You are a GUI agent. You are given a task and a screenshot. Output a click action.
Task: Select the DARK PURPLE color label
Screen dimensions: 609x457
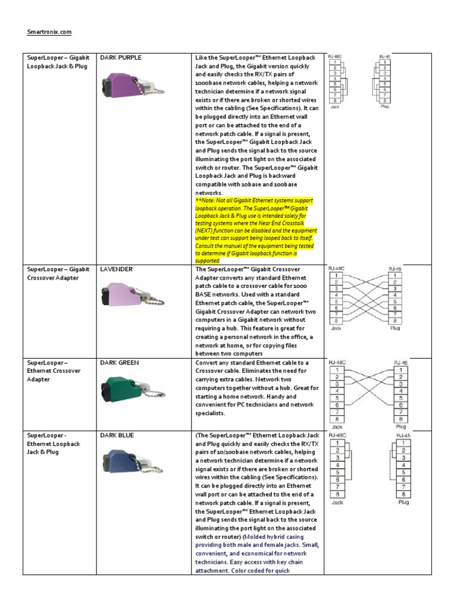[121, 58]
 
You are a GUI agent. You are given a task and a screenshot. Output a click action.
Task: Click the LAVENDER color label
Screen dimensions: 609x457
[116, 269]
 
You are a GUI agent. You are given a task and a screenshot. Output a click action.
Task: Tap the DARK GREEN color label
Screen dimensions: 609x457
[120, 362]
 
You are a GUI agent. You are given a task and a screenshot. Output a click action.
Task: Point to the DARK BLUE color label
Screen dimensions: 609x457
[118, 435]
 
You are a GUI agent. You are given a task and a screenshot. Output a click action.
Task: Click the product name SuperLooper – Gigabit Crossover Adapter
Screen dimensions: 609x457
[58, 274]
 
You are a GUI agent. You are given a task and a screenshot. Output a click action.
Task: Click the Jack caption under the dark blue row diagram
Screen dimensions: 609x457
[337, 503]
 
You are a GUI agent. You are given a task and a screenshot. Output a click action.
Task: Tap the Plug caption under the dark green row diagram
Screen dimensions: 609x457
[401, 426]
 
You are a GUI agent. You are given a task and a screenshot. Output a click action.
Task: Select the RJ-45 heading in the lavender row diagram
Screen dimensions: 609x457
[395, 269]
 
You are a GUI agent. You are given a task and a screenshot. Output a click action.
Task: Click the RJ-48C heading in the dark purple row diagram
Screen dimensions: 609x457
[336, 56]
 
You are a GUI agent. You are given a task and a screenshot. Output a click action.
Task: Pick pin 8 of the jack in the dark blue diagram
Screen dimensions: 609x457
[337, 494]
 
